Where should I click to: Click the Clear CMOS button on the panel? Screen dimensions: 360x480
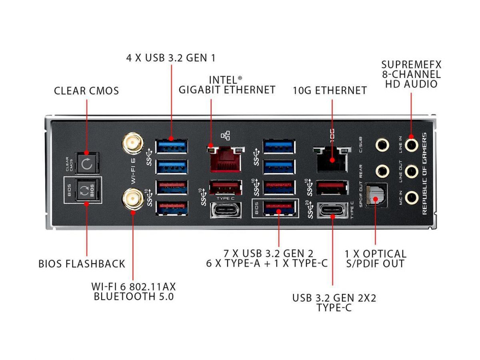pyautogui.click(x=87, y=163)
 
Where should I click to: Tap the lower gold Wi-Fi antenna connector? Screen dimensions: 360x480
pyautogui.click(x=132, y=199)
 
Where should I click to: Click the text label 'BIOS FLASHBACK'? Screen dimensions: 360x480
pyautogui.click(x=82, y=264)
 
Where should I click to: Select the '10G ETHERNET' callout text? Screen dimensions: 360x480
pyautogui.click(x=330, y=90)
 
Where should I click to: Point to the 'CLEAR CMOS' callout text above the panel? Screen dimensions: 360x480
pyautogui.click(x=86, y=91)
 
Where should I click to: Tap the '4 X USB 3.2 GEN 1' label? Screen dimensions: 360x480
pyautogui.click(x=171, y=58)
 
